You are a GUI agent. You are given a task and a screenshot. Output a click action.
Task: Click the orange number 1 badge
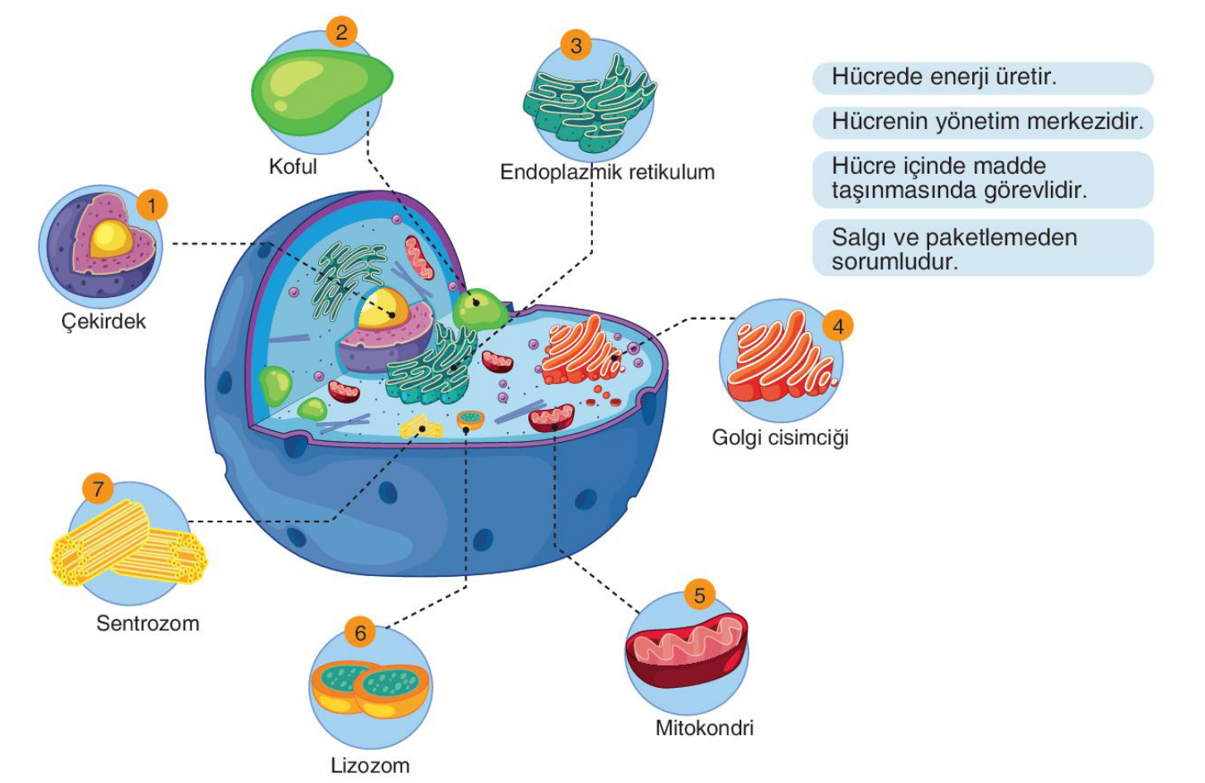point(152,205)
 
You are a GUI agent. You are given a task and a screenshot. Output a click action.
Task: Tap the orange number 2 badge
point(341,31)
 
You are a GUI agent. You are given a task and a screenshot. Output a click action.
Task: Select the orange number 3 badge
point(576,46)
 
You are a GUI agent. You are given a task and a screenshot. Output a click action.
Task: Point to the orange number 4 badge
point(838,326)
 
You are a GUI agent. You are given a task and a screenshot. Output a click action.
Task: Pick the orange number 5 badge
point(699,595)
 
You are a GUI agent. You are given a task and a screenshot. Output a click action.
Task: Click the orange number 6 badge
point(360,633)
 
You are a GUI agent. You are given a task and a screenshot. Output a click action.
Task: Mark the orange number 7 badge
point(98,489)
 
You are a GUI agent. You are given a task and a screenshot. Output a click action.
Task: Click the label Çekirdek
point(104,322)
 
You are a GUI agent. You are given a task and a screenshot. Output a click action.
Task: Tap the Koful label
point(292,166)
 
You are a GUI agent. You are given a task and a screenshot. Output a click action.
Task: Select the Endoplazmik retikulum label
point(607,172)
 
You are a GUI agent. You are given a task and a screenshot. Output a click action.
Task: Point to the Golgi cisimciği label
point(780,438)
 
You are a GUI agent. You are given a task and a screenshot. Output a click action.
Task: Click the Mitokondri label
point(704,728)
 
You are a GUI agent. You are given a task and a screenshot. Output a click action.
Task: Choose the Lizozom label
point(370,766)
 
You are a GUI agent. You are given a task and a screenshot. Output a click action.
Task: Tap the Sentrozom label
point(148,623)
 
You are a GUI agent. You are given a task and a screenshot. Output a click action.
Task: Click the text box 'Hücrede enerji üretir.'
point(983,78)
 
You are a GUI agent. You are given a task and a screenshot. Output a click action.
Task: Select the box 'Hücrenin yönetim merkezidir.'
point(983,122)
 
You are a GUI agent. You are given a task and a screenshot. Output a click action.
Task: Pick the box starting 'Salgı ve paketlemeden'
point(983,248)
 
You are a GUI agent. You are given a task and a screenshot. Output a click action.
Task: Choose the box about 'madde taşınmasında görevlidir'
point(983,180)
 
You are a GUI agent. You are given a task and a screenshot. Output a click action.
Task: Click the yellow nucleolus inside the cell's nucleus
point(383,308)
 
